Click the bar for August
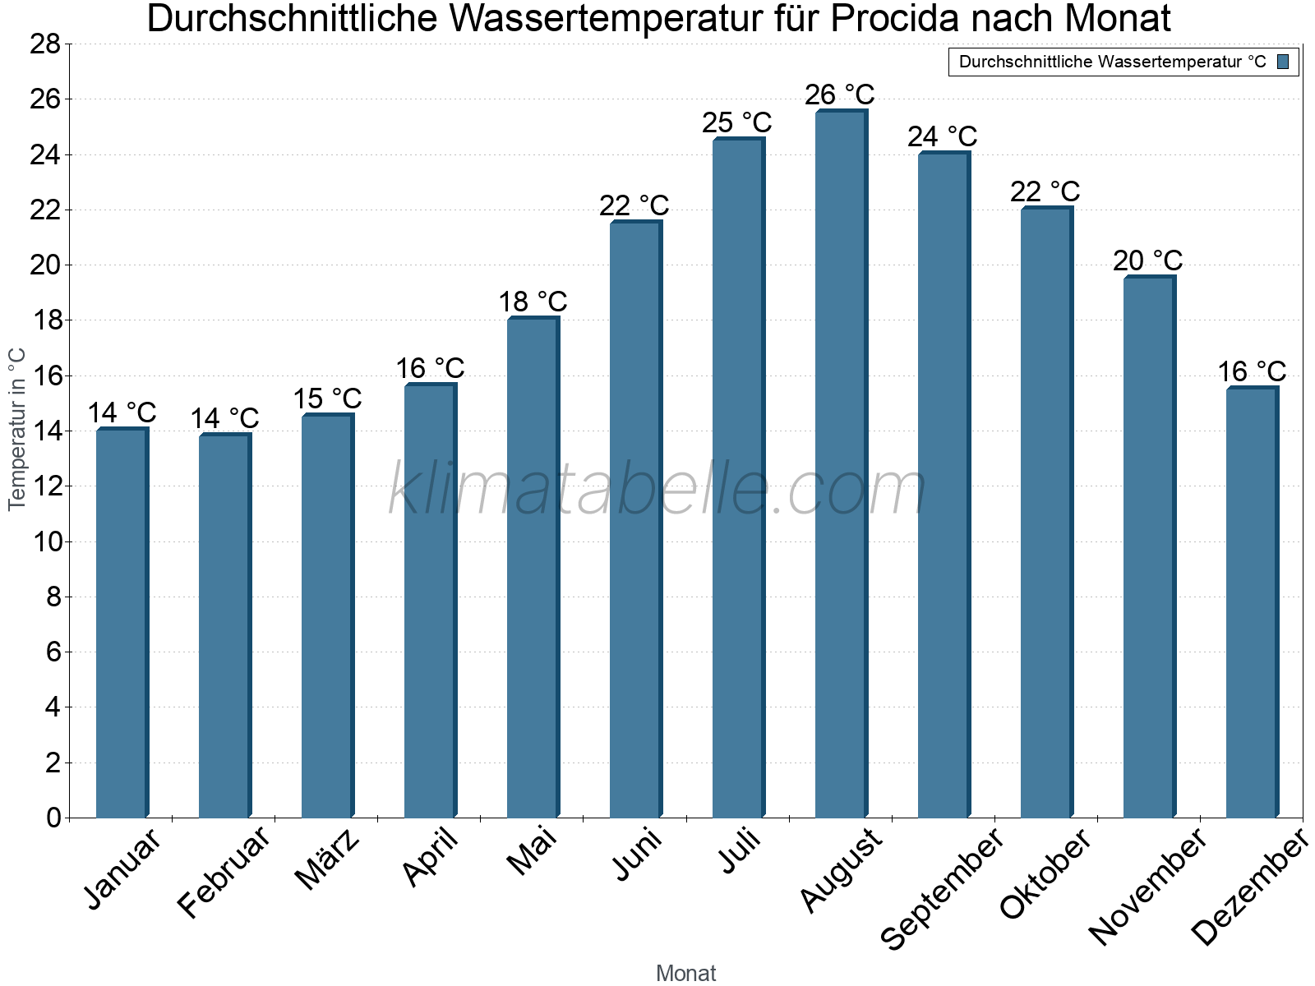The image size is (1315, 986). [841, 464]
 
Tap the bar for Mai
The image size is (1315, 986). [533, 567]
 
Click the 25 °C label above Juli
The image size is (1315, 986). [736, 123]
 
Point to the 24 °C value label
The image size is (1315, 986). [942, 136]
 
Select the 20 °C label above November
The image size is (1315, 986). [1147, 261]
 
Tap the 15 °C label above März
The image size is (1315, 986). [327, 399]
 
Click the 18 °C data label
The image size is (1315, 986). [533, 302]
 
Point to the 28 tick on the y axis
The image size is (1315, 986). [45, 44]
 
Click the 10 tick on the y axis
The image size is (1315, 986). [45, 541]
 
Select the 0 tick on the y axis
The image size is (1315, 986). [53, 818]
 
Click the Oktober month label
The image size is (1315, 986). [1045, 874]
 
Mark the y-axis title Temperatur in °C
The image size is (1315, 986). [17, 429]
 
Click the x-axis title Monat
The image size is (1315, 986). [685, 974]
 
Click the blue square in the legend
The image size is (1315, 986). [1283, 62]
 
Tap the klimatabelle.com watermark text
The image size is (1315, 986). [657, 491]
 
